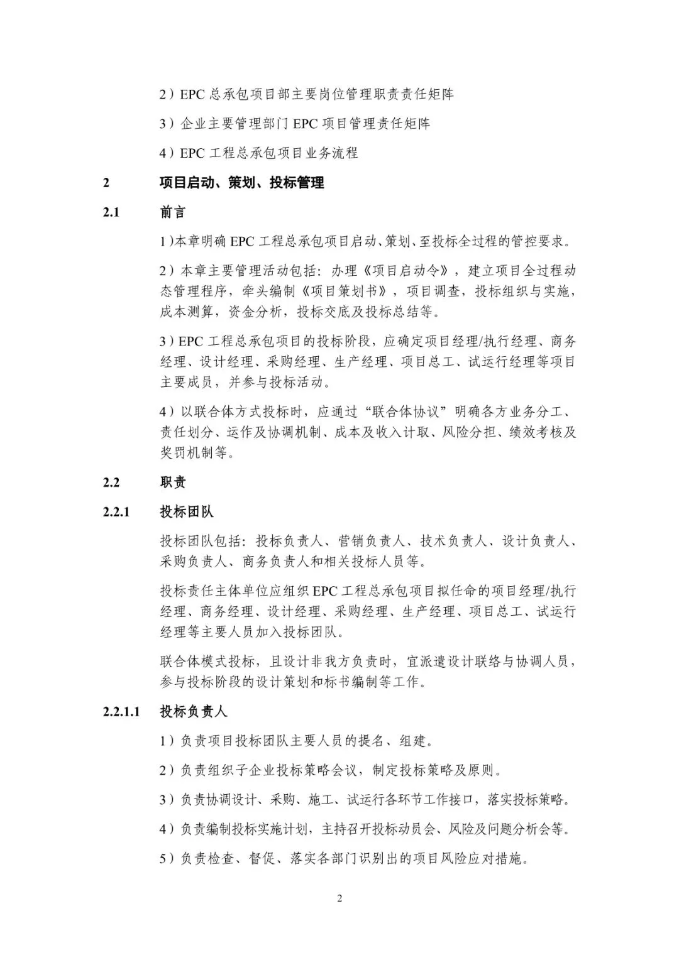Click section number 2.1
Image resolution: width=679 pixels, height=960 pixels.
(111, 212)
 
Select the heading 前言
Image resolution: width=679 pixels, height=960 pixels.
(173, 212)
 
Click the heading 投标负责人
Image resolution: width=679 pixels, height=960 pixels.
(194, 711)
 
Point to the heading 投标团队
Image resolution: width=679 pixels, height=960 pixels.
(187, 511)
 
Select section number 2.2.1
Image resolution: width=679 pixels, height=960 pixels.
(116, 511)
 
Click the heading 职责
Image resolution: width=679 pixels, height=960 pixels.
(173, 482)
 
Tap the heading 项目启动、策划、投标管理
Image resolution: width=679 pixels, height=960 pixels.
(242, 183)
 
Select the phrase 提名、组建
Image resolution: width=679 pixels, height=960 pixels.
(393, 741)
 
